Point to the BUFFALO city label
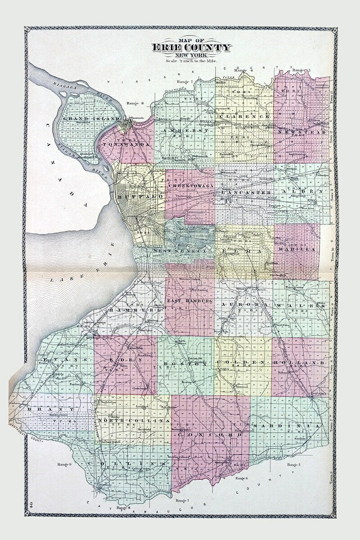click(135, 197)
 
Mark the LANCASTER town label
click(246, 192)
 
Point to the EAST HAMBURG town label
click(189, 300)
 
